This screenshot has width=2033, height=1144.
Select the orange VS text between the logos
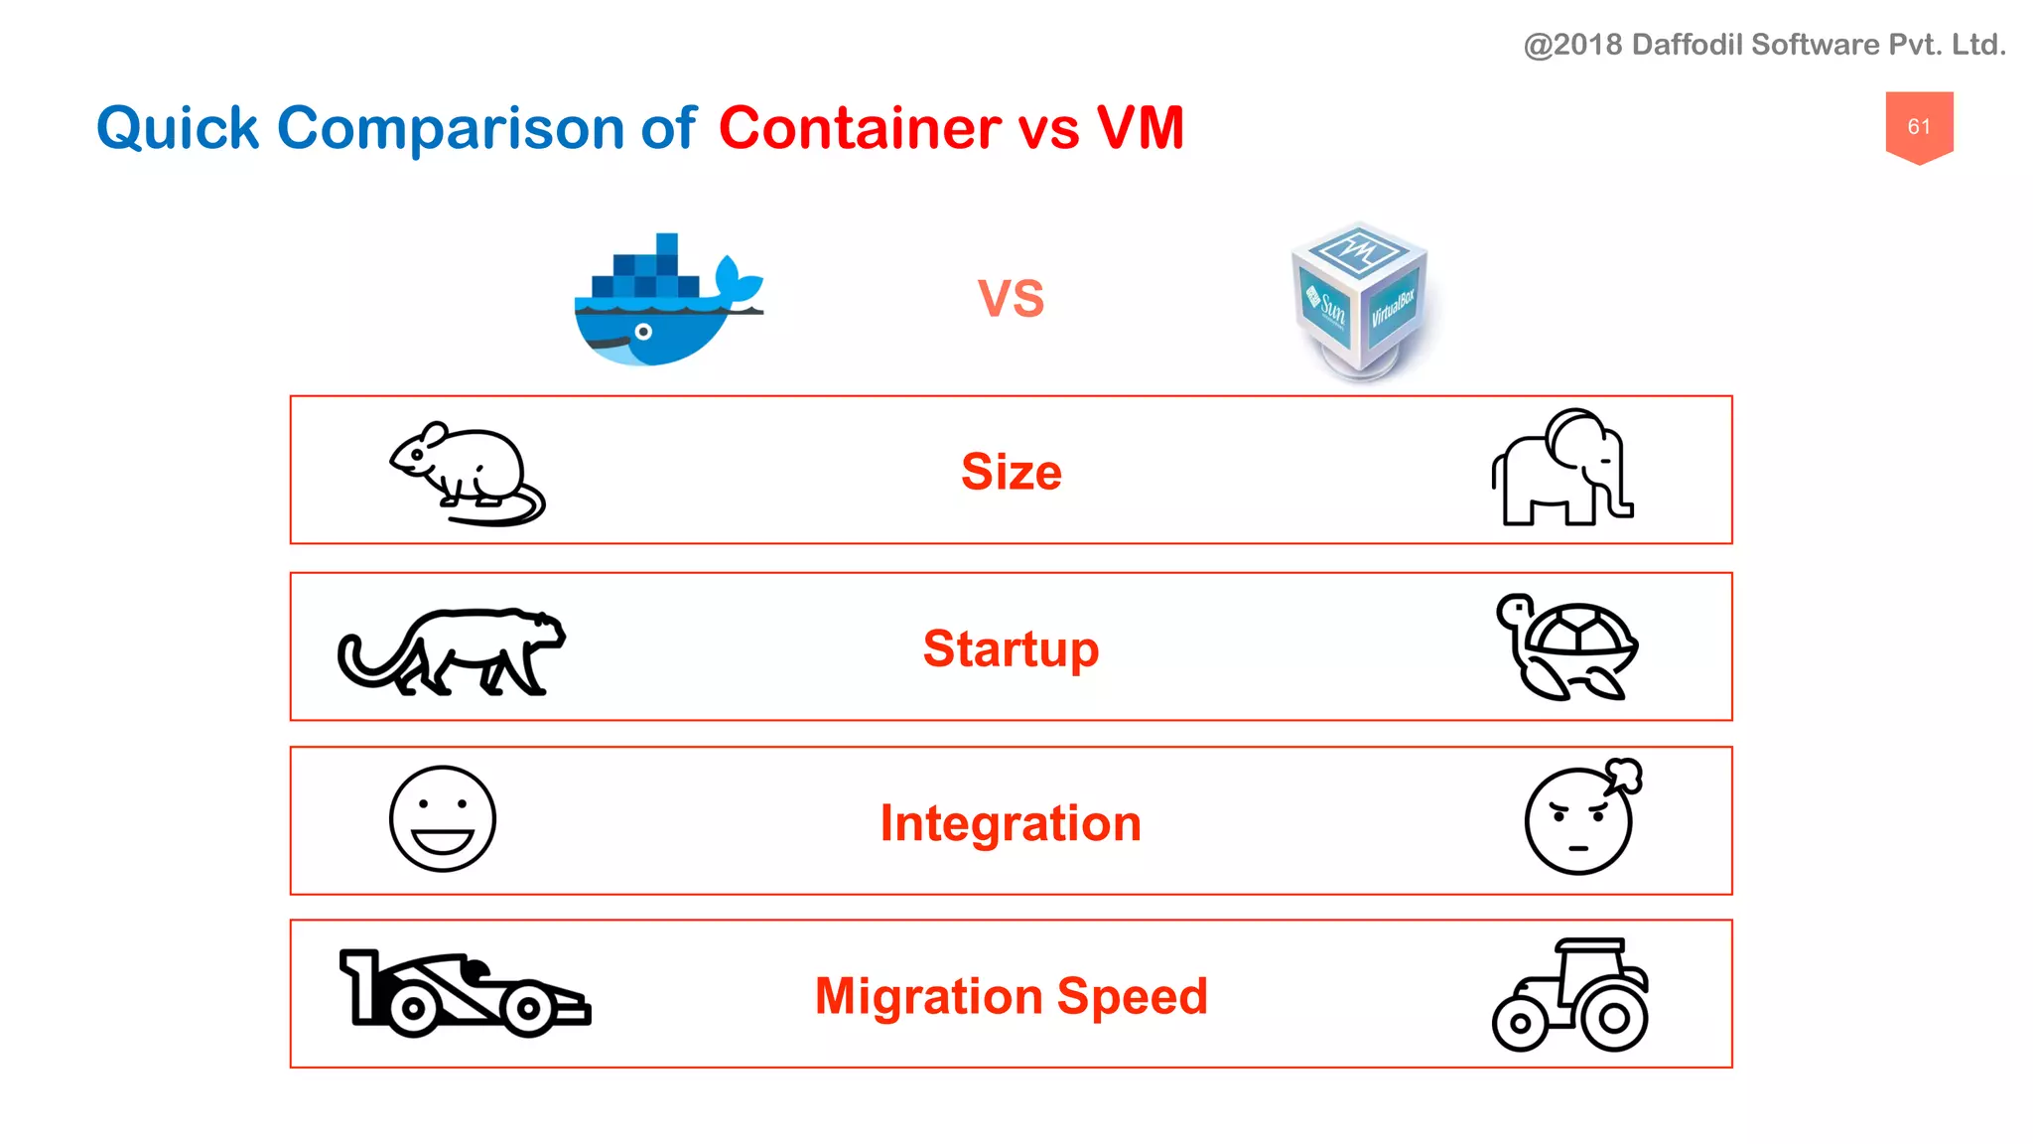(1011, 298)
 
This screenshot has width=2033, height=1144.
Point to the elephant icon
(1561, 469)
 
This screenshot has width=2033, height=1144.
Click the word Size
(1011, 472)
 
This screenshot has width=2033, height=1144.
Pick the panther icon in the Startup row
(452, 650)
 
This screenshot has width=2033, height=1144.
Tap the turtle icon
(1568, 647)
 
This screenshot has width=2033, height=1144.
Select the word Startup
(1011, 648)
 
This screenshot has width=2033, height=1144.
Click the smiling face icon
(442, 819)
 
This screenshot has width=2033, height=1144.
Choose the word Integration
(1011, 823)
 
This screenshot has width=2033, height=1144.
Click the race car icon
(464, 993)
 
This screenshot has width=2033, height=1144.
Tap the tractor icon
(1570, 995)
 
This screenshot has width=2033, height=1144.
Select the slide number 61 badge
(1919, 126)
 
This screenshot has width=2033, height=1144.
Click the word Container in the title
(860, 128)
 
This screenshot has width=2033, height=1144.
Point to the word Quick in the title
(178, 128)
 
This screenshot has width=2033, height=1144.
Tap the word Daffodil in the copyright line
(1686, 45)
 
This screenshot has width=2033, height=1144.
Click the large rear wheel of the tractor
(1614, 1018)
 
